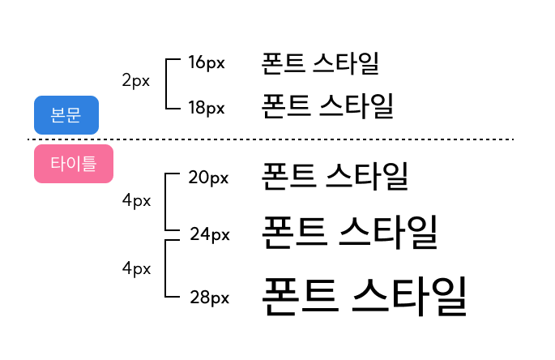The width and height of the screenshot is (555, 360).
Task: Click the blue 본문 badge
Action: point(66,115)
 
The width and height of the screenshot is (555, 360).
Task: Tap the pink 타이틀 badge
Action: point(73,164)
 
